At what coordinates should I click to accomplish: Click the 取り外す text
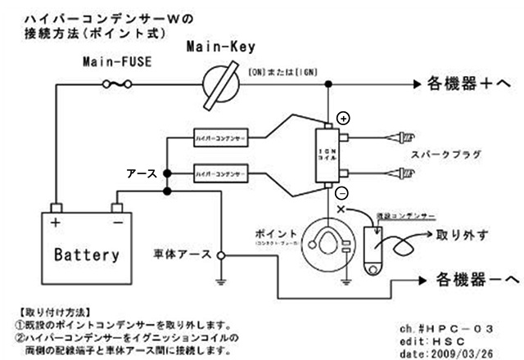pos(463,236)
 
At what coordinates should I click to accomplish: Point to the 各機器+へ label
pos(469,84)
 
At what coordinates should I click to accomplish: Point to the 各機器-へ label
pos(468,281)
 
